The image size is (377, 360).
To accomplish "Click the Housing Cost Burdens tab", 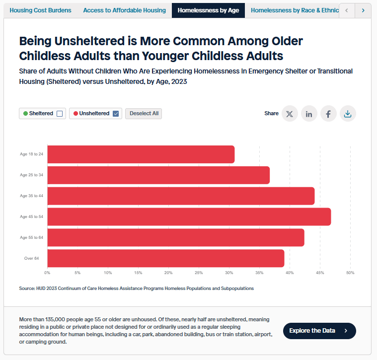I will (40, 10).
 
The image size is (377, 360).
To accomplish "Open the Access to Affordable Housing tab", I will (124, 10).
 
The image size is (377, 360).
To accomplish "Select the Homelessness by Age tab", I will (208, 10).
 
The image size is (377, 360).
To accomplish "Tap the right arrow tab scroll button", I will (363, 10).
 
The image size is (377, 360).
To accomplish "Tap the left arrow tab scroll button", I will (347, 10).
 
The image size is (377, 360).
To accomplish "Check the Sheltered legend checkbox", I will (60, 114).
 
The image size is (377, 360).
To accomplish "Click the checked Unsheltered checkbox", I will (116, 114).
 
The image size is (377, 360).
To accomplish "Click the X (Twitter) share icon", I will (290, 114).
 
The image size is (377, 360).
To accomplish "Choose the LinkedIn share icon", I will (309, 114).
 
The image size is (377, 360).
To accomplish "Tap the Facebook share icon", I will (328, 114).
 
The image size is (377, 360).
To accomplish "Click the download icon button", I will (348, 114).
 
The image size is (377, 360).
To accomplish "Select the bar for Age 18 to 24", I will (141, 154).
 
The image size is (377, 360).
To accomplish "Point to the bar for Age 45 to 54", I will (189, 217).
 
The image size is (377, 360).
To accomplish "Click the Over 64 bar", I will (165, 258).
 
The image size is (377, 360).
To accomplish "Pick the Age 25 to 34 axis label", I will (31, 175).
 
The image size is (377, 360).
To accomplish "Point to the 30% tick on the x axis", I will (229, 273).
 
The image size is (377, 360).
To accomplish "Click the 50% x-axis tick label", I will (350, 273).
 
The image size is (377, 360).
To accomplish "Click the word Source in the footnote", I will (27, 288).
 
